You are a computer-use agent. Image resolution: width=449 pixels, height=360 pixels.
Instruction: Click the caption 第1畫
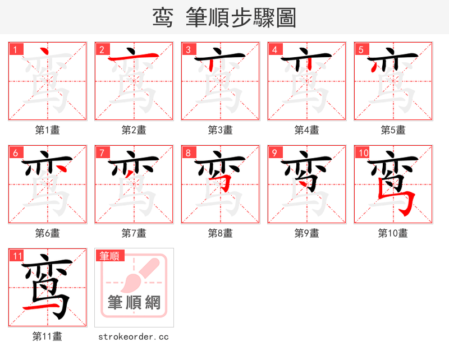48,130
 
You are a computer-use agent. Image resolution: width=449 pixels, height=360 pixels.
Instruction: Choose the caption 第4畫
307,130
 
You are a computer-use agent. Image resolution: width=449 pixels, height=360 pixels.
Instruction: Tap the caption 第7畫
134,233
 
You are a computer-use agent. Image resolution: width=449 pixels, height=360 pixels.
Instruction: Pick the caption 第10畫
393,233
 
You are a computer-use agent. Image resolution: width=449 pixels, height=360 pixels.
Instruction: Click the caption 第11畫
48,336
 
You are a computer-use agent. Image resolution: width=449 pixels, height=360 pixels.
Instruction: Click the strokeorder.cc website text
134,336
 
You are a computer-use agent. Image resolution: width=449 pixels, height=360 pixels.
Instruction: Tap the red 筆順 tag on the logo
109,256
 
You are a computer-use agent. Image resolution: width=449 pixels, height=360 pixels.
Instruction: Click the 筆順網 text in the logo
134,303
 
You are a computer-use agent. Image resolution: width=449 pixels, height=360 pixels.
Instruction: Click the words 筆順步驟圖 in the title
244,18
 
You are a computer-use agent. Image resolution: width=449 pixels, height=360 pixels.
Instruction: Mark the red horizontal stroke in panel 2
129,58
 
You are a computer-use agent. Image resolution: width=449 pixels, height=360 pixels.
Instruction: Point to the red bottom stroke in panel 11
39,308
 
